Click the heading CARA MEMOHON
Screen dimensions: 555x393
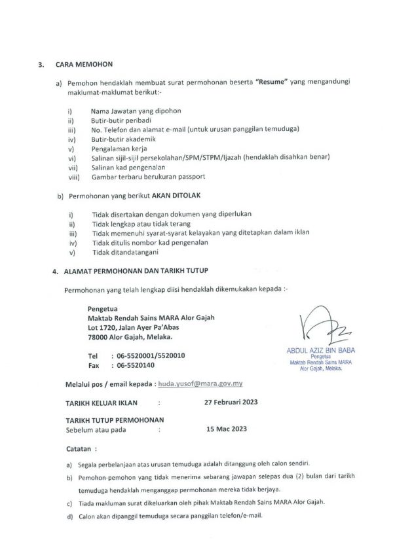point(84,65)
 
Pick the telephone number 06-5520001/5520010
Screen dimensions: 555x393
point(150,355)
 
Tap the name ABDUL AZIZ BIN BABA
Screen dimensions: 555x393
point(321,350)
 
